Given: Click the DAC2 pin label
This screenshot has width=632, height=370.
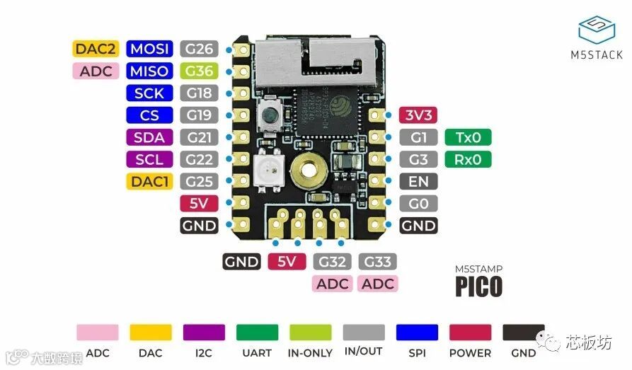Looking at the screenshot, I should [x=94, y=49].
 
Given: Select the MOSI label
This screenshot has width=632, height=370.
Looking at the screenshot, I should [x=149, y=49].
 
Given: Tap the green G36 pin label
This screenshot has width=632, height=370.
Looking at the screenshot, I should [x=199, y=71].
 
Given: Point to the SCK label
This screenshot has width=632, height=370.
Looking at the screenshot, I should [x=149, y=93].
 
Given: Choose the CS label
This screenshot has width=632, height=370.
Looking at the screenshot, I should [x=149, y=115].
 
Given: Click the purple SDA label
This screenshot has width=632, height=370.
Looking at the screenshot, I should [x=149, y=137].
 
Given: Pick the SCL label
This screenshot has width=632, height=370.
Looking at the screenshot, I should [x=149, y=159].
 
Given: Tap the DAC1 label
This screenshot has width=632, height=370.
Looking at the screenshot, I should [x=149, y=182].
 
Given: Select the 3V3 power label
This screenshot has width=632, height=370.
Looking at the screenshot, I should [x=418, y=115].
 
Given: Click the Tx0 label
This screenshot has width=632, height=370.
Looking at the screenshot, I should [x=468, y=137].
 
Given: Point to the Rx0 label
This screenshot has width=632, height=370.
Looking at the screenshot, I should [x=468, y=159].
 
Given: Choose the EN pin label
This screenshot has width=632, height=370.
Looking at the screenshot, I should [x=418, y=182].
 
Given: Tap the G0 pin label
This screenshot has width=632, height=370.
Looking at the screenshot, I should [x=418, y=204].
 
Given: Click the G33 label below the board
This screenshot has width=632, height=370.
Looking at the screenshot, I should [x=378, y=262].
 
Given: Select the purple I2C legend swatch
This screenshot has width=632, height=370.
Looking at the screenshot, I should [x=204, y=333].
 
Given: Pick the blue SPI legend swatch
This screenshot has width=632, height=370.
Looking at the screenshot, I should [x=417, y=333].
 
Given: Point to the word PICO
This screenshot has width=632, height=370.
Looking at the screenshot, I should [x=479, y=286].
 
